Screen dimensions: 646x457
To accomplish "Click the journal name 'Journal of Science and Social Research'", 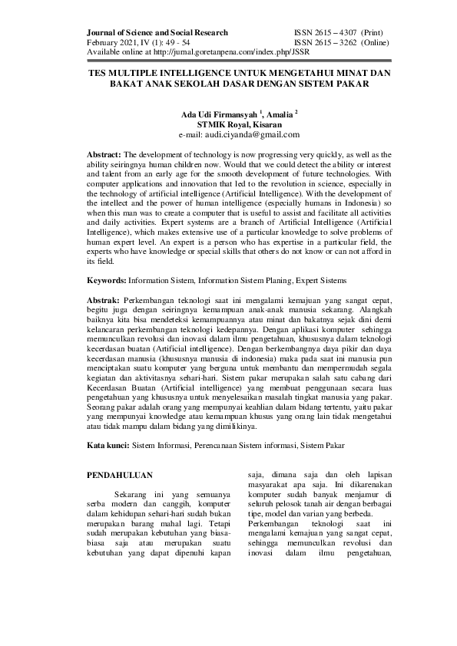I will pyautogui.click(x=157, y=34).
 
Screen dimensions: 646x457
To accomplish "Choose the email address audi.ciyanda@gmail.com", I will pyautogui.click(x=250, y=134).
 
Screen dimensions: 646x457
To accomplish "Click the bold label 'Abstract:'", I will pyautogui.click(x=104, y=154).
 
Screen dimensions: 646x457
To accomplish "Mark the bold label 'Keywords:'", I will pyautogui.click(x=106, y=282).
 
